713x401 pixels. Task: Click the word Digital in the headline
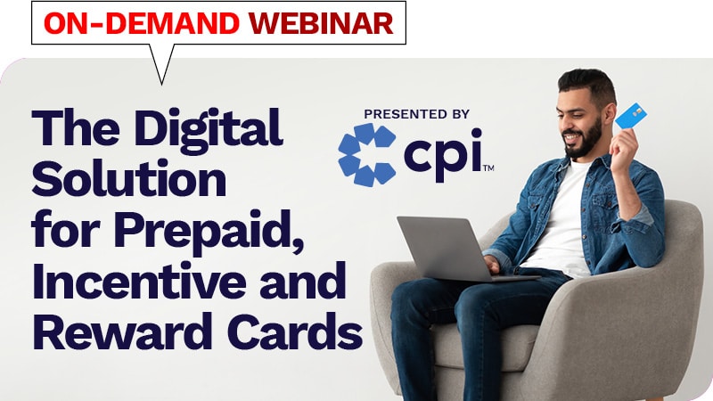tap(208, 130)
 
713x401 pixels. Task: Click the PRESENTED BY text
tap(416, 114)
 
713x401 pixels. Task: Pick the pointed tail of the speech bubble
tap(161, 71)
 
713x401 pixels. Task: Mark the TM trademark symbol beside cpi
tap(488, 168)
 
